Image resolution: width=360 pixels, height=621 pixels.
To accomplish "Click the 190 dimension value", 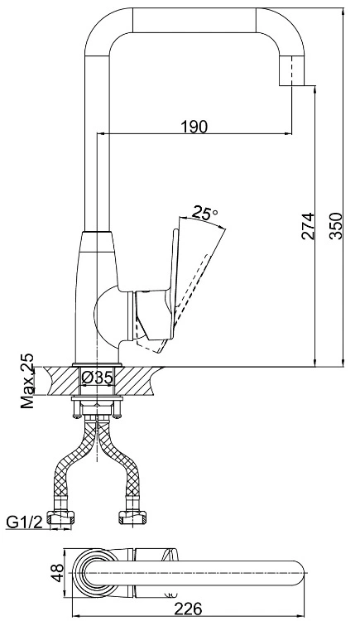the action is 194,127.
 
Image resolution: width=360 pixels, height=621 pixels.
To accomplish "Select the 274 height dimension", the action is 308,226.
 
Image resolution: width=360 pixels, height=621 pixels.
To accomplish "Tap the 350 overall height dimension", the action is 335,226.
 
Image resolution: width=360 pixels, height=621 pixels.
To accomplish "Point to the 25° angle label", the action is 204,214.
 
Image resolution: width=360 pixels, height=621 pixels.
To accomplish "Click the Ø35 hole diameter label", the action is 97,378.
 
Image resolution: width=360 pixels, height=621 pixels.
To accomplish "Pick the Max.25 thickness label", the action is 27,381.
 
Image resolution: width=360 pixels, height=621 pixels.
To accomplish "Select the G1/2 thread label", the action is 24,522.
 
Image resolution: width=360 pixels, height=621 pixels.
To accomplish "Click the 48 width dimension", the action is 59,573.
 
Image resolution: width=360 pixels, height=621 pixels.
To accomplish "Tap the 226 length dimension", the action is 189,609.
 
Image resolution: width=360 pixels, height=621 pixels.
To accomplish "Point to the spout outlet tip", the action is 292,85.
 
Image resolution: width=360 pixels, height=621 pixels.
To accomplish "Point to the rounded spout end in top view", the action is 298,573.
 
